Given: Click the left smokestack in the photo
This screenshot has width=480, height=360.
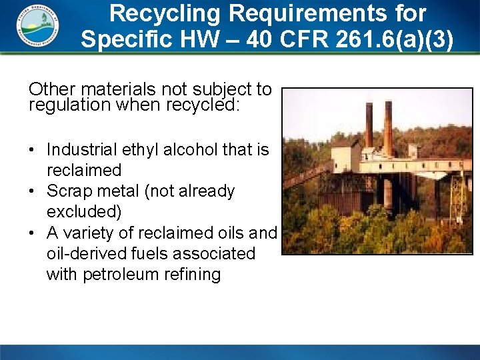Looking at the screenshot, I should click(x=369, y=123).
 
